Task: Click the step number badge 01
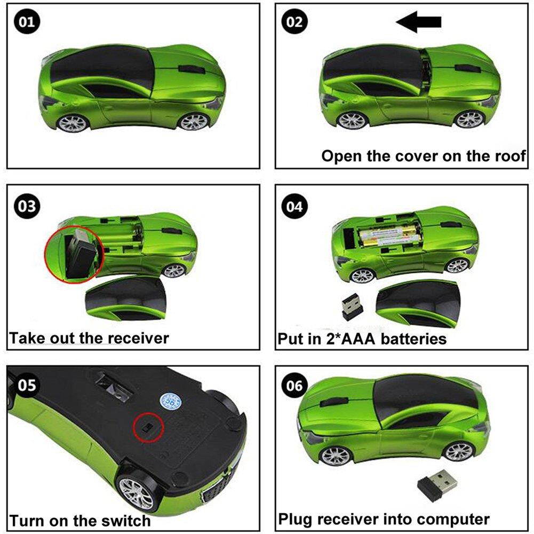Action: pos(27,22)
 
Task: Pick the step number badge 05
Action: pos(27,385)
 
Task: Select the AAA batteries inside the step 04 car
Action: pos(388,236)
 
